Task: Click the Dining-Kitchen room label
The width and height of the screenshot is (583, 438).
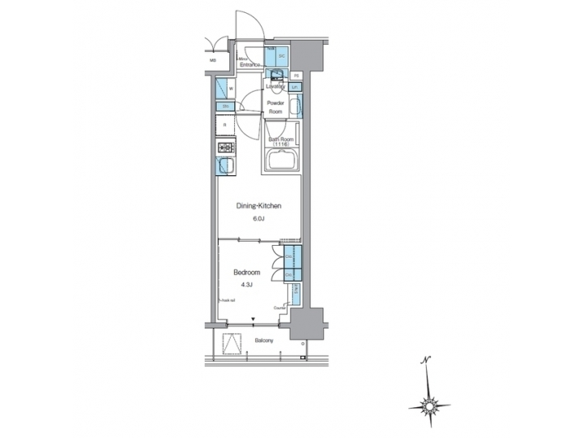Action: click(258, 206)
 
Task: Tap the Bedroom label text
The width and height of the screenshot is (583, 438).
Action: click(245, 272)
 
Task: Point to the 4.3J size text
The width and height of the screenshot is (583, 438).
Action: click(245, 284)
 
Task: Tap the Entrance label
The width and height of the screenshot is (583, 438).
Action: click(251, 65)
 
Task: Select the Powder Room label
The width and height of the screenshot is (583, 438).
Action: click(276, 108)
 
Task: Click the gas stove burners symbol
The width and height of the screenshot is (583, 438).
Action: click(225, 148)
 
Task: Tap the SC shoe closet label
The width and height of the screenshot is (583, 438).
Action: click(282, 57)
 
